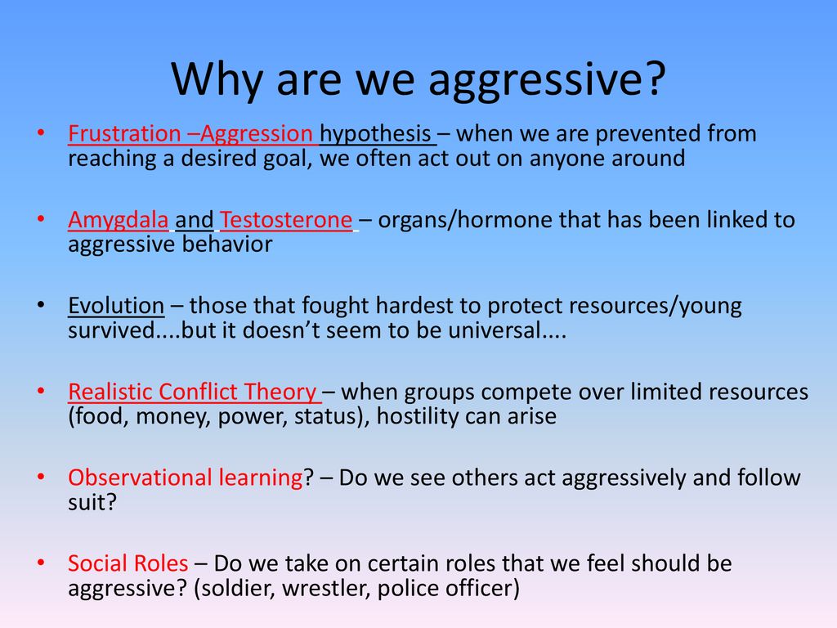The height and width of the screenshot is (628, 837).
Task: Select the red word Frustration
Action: pyautogui.click(x=124, y=133)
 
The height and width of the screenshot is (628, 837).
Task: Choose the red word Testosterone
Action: pyautogui.click(x=286, y=220)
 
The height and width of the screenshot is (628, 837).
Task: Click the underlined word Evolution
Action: pyautogui.click(x=116, y=306)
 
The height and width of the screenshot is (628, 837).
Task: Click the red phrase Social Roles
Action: pyautogui.click(x=128, y=564)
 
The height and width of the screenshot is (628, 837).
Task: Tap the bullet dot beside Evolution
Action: pyautogui.click(x=41, y=305)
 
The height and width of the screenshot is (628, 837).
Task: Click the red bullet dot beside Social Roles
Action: pyautogui.click(x=41, y=563)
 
